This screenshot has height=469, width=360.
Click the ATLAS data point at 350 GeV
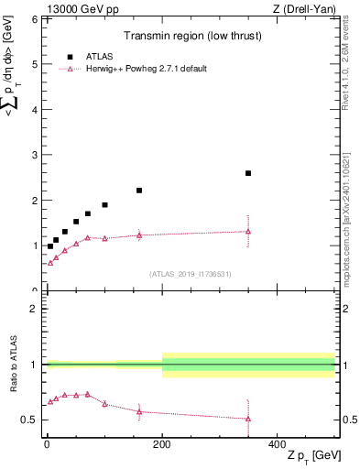pos(248,173)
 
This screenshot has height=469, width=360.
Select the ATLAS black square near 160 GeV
pos(139,191)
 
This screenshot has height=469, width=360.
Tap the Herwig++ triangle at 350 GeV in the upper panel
pos(248,232)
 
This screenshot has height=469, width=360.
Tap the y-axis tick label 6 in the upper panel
pos(35,19)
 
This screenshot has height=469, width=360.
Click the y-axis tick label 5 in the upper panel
pos(35,64)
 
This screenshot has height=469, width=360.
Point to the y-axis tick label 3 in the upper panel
pos(35,155)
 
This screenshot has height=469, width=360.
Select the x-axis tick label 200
pos(162,443)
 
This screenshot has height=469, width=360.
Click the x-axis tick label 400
pos(278,443)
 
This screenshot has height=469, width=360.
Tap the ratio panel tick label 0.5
pos(29,420)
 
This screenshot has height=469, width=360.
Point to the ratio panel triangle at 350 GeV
pos(248,419)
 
